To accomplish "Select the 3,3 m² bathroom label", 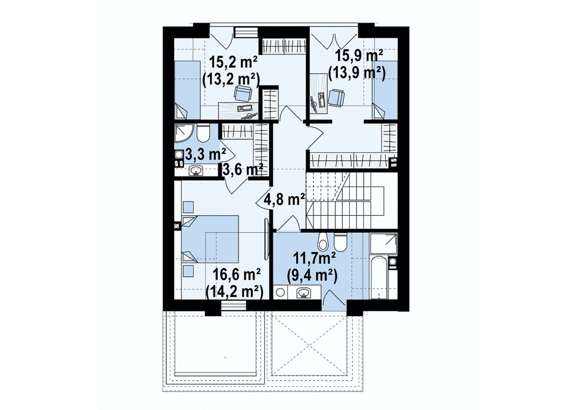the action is click(x=206, y=154).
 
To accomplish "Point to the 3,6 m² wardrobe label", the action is click(x=243, y=169).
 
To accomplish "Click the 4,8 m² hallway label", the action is click(x=285, y=200).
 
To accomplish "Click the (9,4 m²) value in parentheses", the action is click(x=312, y=277).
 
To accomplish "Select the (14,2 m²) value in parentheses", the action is click(x=234, y=291).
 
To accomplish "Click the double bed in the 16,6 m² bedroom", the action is click(x=210, y=239).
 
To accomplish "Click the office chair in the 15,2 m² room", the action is click(x=242, y=93).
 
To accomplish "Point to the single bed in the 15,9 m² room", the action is click(x=385, y=90).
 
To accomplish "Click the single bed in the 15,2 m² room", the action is click(x=187, y=90).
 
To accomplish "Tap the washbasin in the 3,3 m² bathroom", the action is click(x=197, y=171).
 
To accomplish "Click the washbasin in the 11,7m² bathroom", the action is click(x=304, y=292).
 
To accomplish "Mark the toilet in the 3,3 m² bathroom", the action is click(x=203, y=134).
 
